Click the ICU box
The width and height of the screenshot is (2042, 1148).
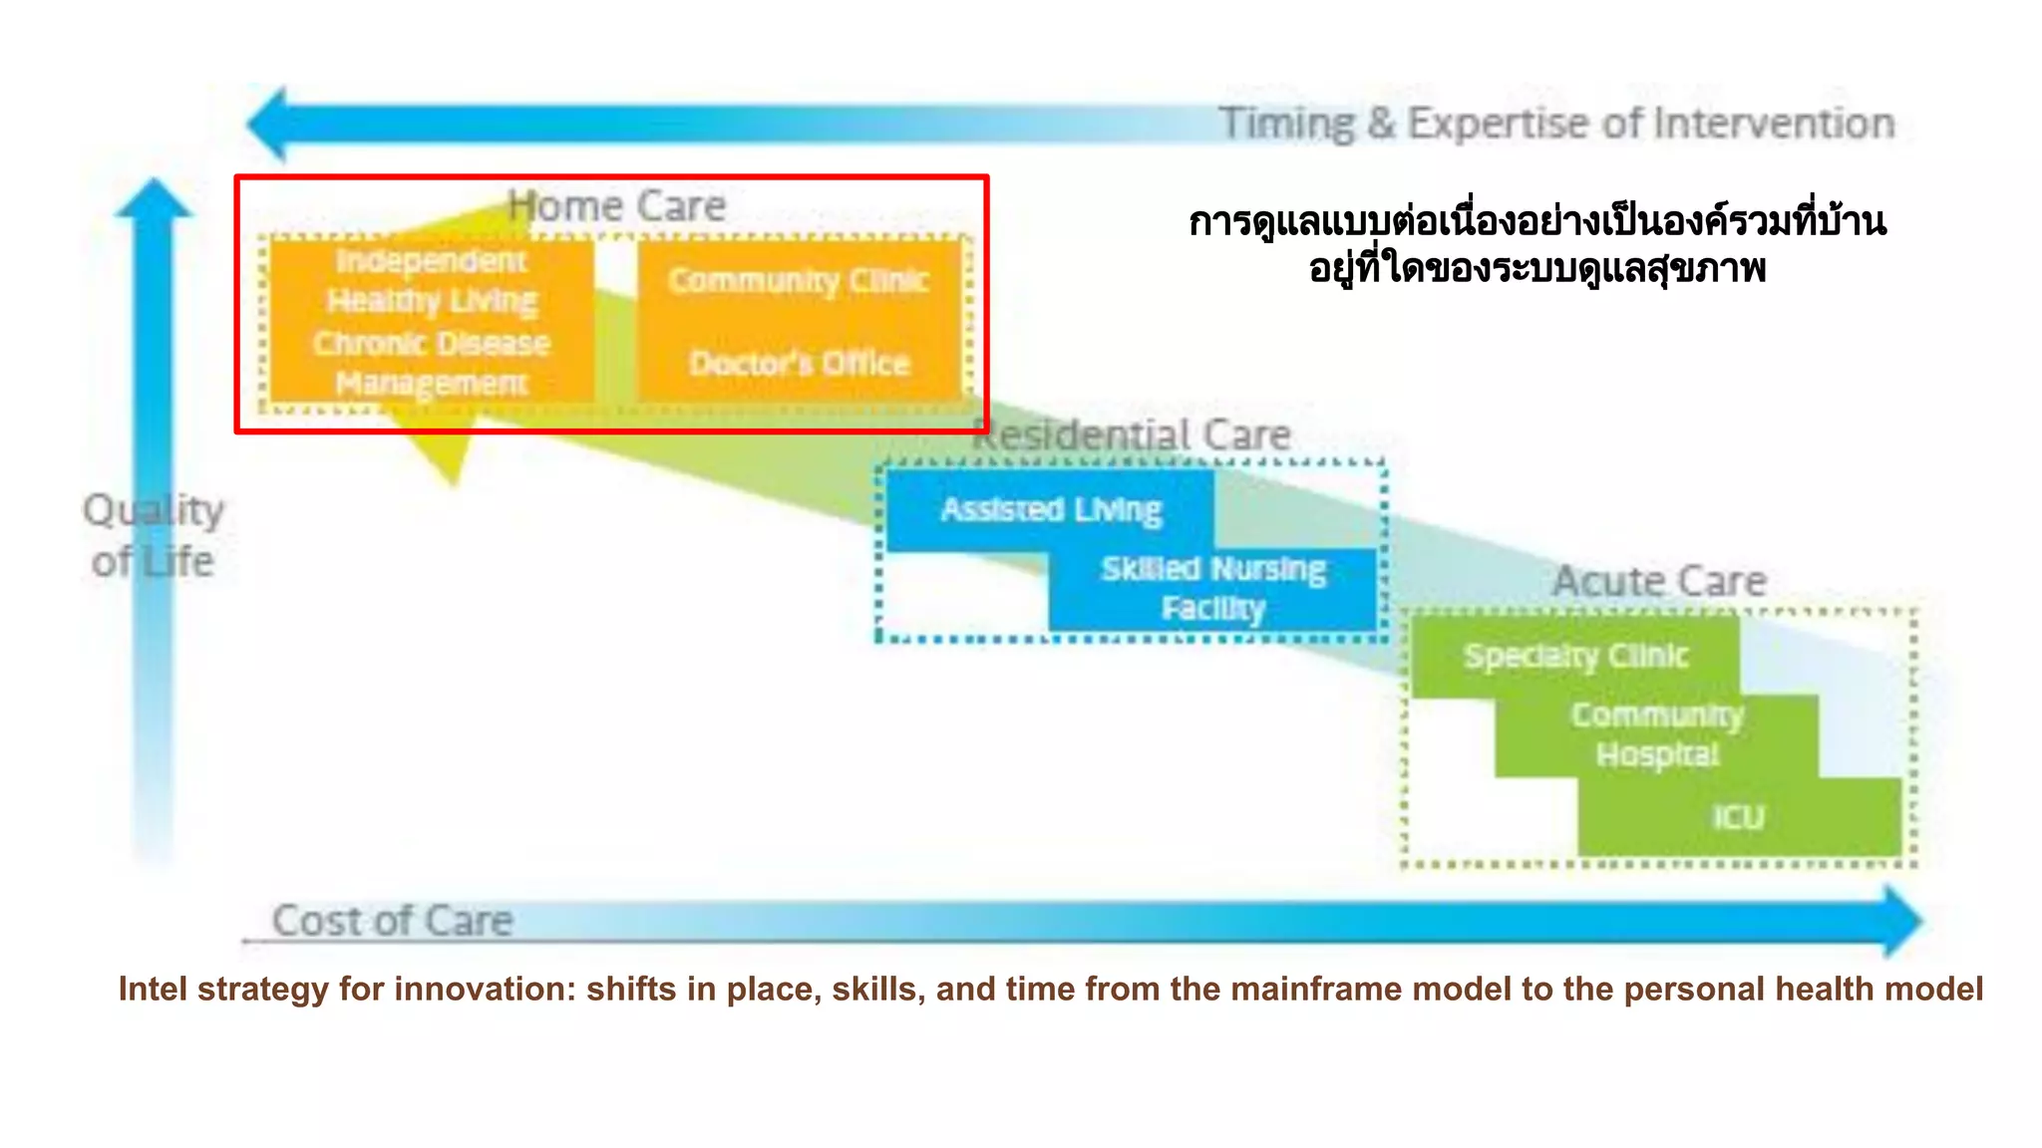[1738, 817]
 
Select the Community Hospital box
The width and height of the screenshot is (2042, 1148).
[1656, 735]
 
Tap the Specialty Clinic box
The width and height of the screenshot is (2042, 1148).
[1575, 656]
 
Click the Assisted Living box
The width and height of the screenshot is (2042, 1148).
[1050, 510]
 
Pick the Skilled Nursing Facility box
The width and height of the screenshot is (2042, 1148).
[1212, 588]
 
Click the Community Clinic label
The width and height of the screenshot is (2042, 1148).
[798, 281]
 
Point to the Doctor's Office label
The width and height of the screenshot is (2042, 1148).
[799, 363]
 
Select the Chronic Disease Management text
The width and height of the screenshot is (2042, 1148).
[431, 363]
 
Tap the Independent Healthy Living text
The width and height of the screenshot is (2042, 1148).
[431, 280]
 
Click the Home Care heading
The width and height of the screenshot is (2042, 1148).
[616, 206]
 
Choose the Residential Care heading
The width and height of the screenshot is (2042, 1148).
[1132, 435]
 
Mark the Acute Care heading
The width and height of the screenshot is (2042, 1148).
[1659, 581]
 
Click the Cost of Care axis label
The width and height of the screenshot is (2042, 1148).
[392, 921]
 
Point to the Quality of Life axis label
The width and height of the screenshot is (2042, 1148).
[153, 536]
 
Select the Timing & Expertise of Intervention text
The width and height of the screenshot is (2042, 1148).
[1555, 124]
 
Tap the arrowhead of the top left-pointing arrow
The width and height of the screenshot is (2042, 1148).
[268, 125]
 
